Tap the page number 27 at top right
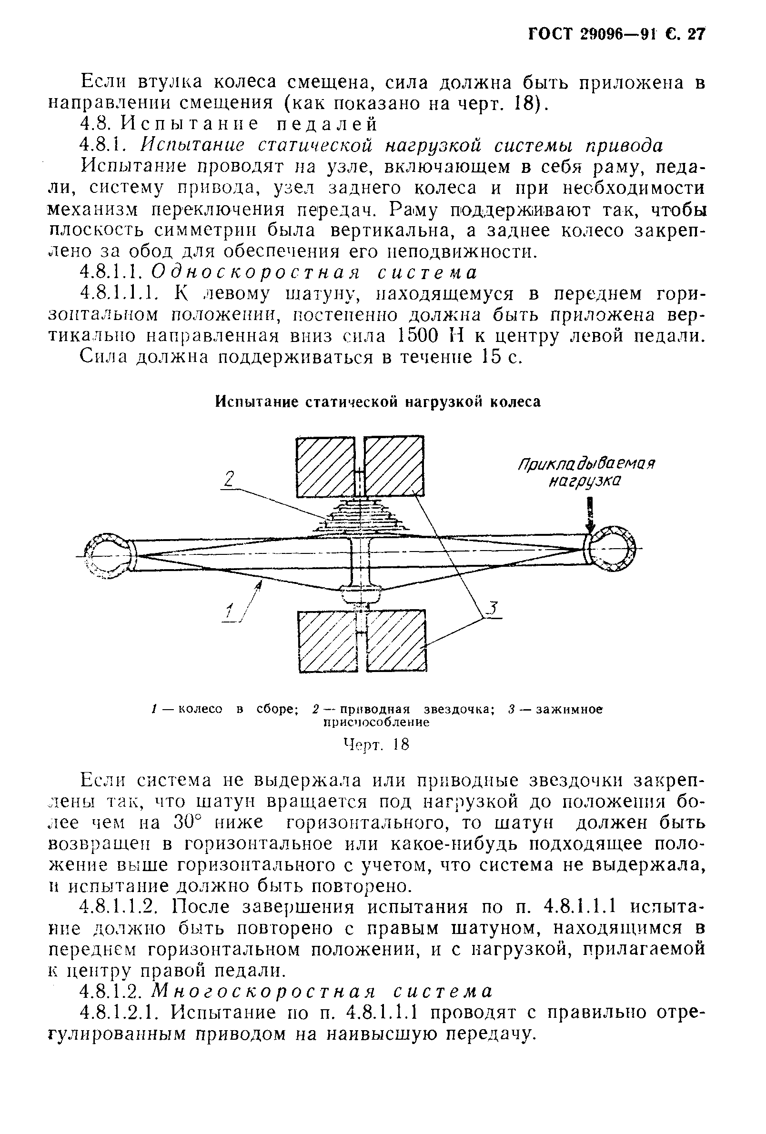695,34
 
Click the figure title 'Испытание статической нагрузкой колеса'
378,401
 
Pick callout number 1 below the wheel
229,613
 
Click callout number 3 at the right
493,609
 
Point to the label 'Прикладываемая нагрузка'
585,472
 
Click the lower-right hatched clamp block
396,641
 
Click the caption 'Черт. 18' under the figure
376,744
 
